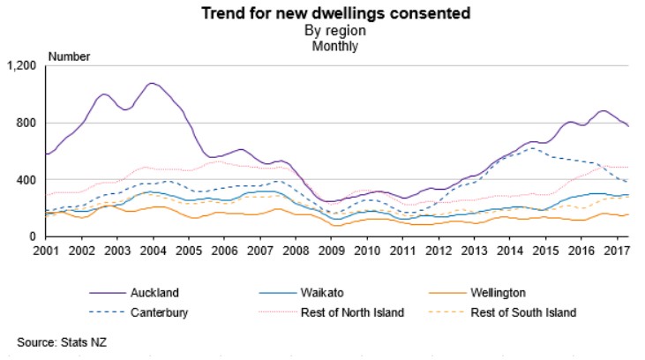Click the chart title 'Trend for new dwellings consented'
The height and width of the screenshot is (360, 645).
coord(322,13)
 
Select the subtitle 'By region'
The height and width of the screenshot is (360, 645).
coord(322,30)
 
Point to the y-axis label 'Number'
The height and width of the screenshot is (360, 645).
coord(69,56)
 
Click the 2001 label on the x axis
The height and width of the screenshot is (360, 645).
coord(46,251)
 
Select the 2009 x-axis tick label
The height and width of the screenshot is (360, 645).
coord(331,251)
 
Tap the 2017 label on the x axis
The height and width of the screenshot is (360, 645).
coord(616,251)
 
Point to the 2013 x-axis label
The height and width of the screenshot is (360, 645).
coord(473,251)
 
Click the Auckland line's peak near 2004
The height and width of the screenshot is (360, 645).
coord(153,84)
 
